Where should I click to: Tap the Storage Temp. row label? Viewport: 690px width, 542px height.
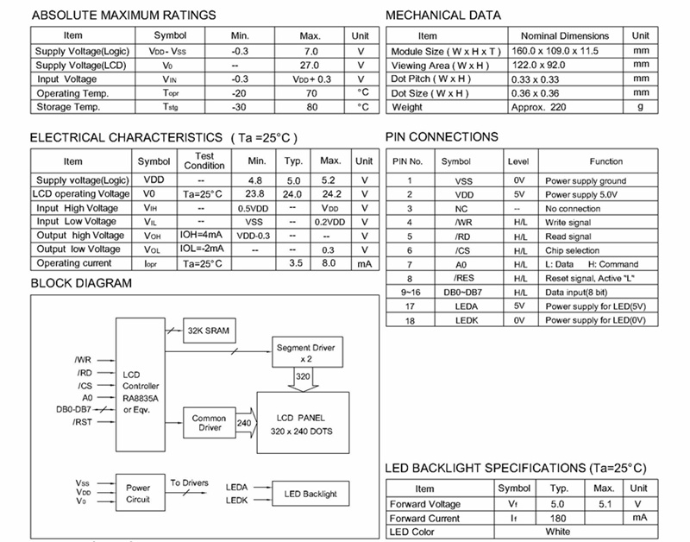[68, 107]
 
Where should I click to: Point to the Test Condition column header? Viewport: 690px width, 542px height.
[204, 161]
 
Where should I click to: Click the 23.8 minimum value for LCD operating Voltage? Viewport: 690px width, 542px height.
[256, 194]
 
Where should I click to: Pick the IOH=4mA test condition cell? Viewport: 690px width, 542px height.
[204, 235]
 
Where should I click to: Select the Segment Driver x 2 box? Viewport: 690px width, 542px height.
[305, 351]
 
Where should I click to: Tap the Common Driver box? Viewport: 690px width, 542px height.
[209, 423]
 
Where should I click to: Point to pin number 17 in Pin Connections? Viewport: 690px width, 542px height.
[409, 306]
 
